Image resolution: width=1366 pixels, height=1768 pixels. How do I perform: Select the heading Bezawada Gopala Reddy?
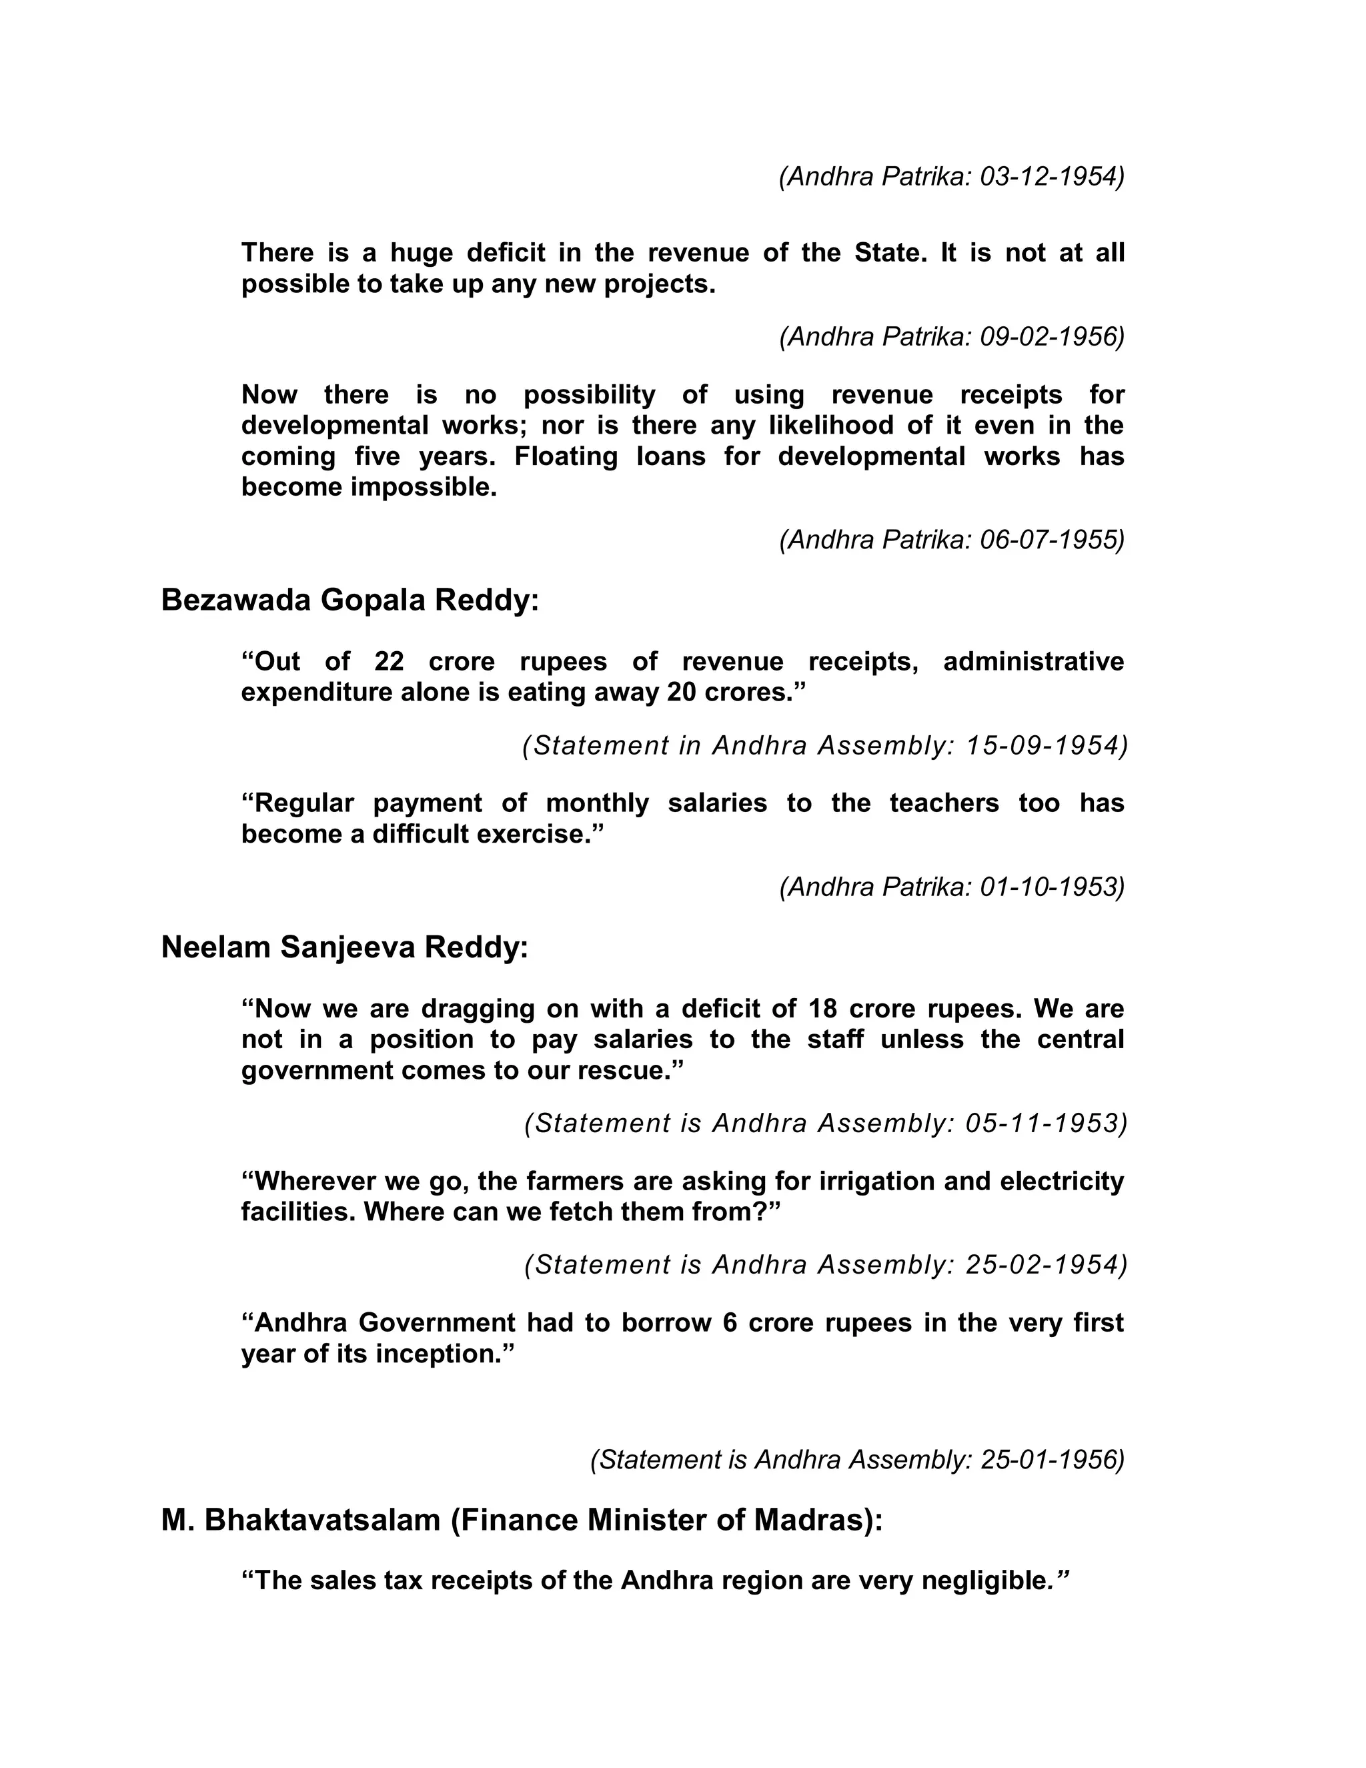click(350, 600)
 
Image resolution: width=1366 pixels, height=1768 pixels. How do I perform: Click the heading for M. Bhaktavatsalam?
click(522, 1520)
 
